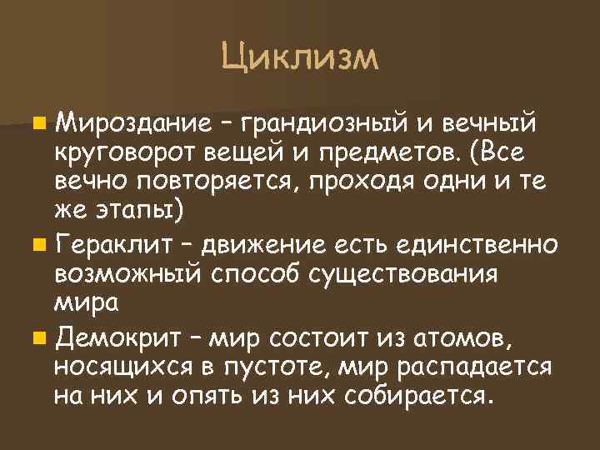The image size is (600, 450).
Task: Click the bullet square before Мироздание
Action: pyautogui.click(x=41, y=126)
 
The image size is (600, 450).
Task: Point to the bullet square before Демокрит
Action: pyautogui.click(x=41, y=340)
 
